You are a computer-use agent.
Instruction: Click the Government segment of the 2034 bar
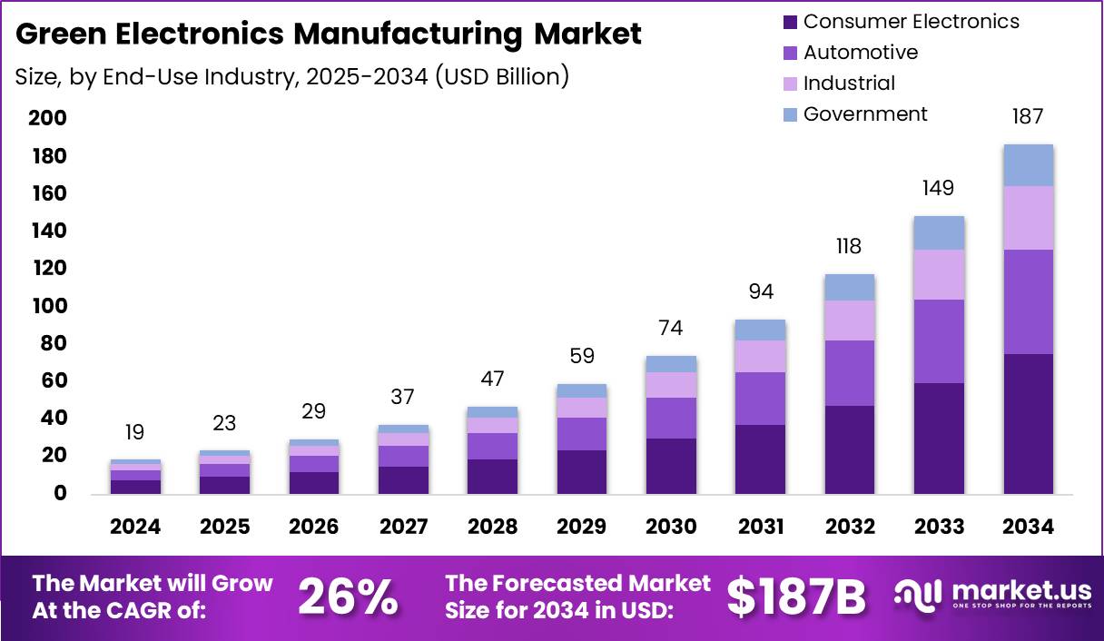click(1028, 165)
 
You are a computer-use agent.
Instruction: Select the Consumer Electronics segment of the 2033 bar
click(939, 439)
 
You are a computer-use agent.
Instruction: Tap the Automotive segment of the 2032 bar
click(850, 373)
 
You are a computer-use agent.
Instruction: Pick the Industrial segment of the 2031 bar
click(761, 356)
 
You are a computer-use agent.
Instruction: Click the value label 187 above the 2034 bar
click(1028, 117)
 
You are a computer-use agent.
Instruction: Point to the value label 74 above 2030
click(671, 328)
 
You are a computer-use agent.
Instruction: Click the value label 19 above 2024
click(135, 432)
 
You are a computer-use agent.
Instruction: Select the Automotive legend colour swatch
click(788, 54)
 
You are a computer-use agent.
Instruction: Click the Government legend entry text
click(865, 113)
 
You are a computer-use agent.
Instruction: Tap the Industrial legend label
click(849, 84)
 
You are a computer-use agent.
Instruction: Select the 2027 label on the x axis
click(403, 528)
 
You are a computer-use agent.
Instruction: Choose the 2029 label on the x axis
click(582, 528)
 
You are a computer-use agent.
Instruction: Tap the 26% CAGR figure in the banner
click(348, 597)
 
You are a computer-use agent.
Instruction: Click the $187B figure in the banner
click(796, 597)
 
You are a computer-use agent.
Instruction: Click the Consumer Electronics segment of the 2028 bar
click(492, 477)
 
